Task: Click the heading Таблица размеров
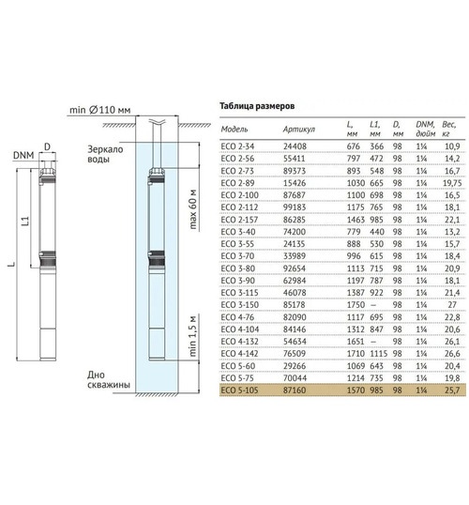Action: [257, 106]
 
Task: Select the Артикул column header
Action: [298, 130]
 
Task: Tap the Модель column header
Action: [234, 130]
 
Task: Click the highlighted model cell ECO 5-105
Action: [239, 390]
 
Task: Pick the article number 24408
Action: [295, 146]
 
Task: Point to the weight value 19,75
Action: [452, 183]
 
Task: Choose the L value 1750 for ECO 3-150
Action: [356, 305]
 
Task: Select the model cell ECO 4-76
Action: [237, 317]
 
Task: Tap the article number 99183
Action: [295, 207]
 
